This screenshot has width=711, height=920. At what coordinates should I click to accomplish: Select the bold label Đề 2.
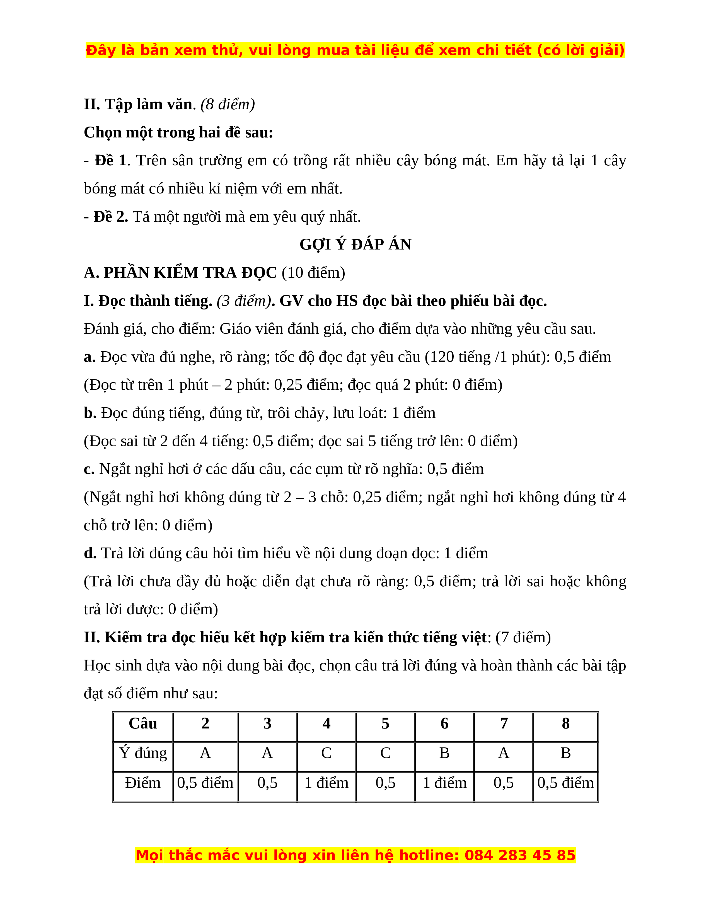click(110, 217)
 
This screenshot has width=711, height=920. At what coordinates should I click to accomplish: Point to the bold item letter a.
click(89, 357)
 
